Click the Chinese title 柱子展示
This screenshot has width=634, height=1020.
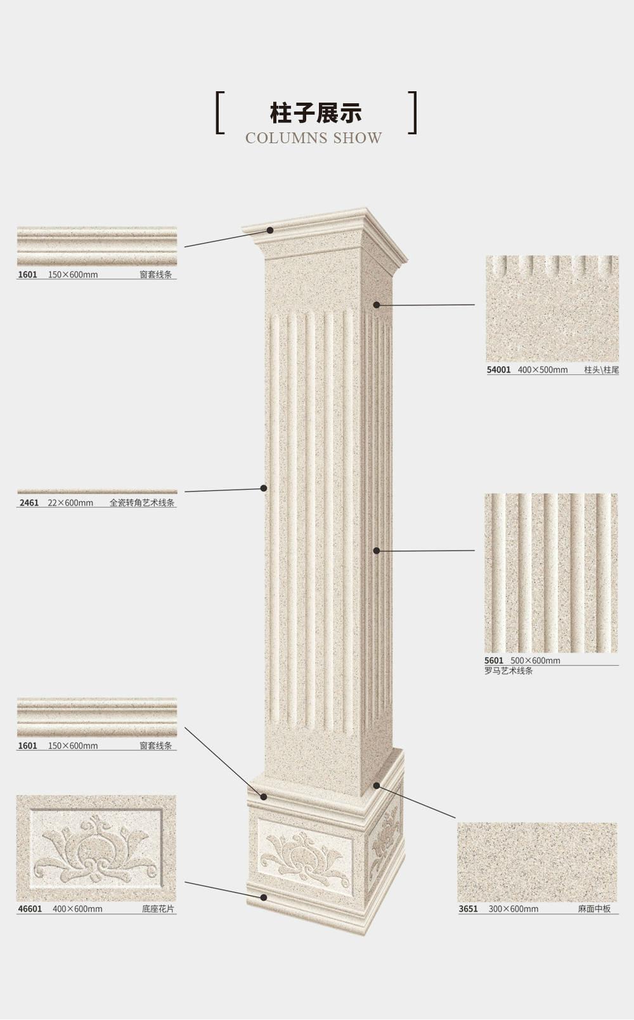tap(316, 113)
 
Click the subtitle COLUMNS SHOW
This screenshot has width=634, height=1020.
tap(314, 138)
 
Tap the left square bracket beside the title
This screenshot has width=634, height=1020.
tap(220, 113)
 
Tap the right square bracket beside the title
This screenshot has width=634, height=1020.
tap(413, 113)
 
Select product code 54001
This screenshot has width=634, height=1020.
tap(498, 370)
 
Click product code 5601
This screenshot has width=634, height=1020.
tap(494, 660)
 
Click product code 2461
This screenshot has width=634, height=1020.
tap(29, 503)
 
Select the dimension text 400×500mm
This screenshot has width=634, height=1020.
tap(543, 370)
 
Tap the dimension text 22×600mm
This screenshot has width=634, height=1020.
tap(70, 503)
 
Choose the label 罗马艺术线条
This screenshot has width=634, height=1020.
tap(508, 671)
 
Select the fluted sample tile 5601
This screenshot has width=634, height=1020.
tap(551, 573)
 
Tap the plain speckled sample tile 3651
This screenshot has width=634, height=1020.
tap(538, 862)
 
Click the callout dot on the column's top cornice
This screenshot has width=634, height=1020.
tap(270, 231)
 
